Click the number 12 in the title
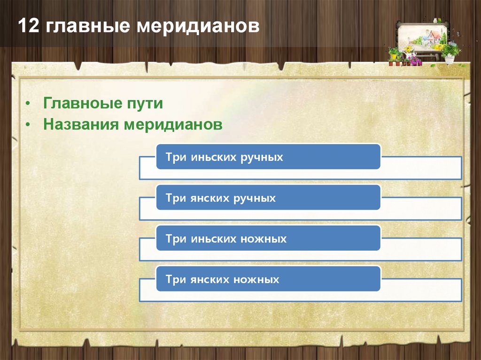point(28,26)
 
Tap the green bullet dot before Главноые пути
point(29,104)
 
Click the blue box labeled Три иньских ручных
point(268,157)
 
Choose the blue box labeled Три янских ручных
point(268,198)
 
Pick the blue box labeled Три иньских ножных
point(268,238)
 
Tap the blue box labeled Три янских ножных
point(268,279)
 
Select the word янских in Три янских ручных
point(210,198)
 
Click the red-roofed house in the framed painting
point(433,36)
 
